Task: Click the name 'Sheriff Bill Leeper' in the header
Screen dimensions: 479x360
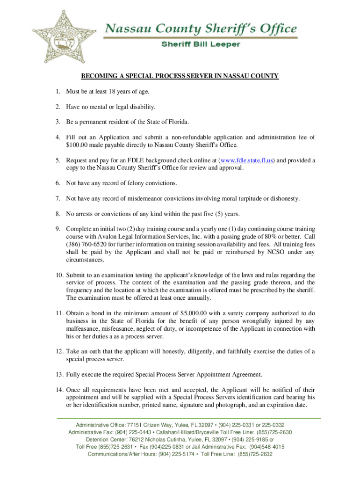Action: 201,44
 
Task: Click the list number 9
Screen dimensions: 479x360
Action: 58,229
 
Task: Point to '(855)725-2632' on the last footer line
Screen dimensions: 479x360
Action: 255,454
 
